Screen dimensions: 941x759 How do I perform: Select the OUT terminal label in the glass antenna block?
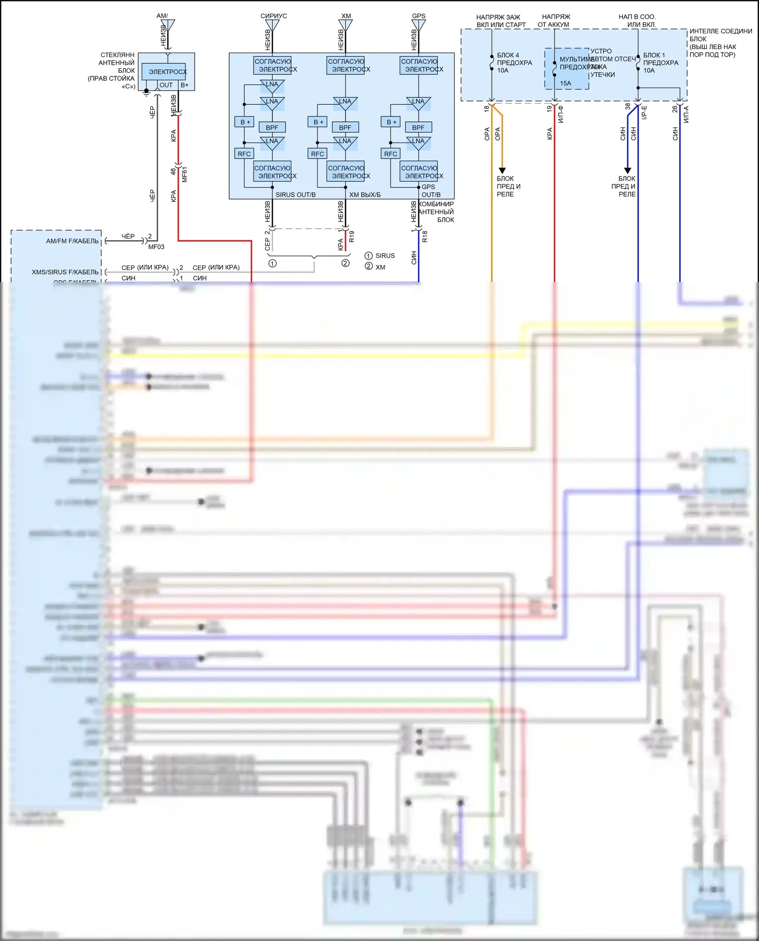(166, 85)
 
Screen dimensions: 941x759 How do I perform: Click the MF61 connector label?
(185, 174)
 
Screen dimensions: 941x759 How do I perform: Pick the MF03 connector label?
(156, 247)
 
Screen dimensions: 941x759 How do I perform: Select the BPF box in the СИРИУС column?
(272, 127)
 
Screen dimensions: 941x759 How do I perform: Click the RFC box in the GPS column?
(391, 154)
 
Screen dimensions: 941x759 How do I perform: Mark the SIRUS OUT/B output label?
(296, 195)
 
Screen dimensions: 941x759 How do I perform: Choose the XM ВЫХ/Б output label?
(365, 195)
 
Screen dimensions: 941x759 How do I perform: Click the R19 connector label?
(352, 236)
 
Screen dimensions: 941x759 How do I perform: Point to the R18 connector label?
(425, 236)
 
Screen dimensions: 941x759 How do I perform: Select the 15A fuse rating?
(565, 83)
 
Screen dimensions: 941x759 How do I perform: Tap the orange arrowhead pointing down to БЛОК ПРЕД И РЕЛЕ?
(502, 170)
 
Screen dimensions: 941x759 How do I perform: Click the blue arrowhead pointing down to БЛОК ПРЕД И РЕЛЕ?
(627, 170)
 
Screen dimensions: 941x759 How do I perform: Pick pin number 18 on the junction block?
(486, 108)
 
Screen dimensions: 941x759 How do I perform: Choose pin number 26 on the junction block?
(674, 108)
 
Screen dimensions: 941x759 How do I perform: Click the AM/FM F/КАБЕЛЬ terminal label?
(72, 241)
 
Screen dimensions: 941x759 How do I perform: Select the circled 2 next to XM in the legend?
(368, 266)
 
